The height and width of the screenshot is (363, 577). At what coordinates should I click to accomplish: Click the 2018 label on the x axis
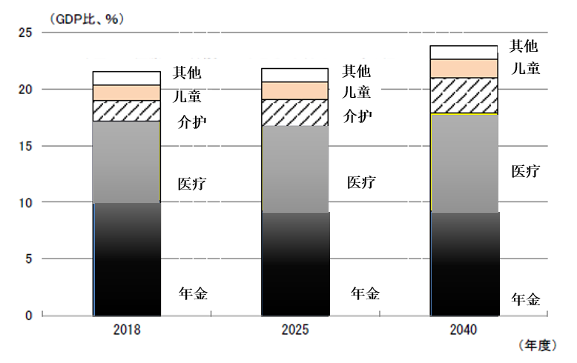[x=126, y=330]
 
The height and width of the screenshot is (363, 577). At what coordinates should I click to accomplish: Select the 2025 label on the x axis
[x=295, y=330]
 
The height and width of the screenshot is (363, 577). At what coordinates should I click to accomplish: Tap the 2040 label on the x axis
[x=464, y=330]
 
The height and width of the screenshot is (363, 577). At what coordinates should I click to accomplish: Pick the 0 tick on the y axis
[x=29, y=316]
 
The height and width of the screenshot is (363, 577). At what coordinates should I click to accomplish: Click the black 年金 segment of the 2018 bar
[x=127, y=259]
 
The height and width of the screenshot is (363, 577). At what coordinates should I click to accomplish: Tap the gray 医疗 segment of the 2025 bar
[x=295, y=169]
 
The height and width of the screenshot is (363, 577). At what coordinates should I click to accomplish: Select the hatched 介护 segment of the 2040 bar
[x=464, y=95]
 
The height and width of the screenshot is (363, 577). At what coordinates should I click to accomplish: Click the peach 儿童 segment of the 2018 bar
[x=127, y=93]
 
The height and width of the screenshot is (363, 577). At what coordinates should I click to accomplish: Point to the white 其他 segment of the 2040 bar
[x=464, y=52]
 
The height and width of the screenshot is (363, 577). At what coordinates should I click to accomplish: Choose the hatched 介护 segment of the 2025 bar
[x=295, y=113]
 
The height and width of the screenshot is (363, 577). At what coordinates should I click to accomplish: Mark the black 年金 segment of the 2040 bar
[x=464, y=264]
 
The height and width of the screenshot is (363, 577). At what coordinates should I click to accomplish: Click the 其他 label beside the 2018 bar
[x=187, y=73]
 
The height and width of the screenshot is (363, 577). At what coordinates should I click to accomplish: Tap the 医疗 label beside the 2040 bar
[x=525, y=171]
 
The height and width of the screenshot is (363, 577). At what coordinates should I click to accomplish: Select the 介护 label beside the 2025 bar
[x=357, y=116]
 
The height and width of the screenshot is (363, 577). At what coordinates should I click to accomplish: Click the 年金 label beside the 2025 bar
[x=364, y=293]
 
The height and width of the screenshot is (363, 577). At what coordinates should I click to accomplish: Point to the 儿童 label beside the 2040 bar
[x=525, y=68]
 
